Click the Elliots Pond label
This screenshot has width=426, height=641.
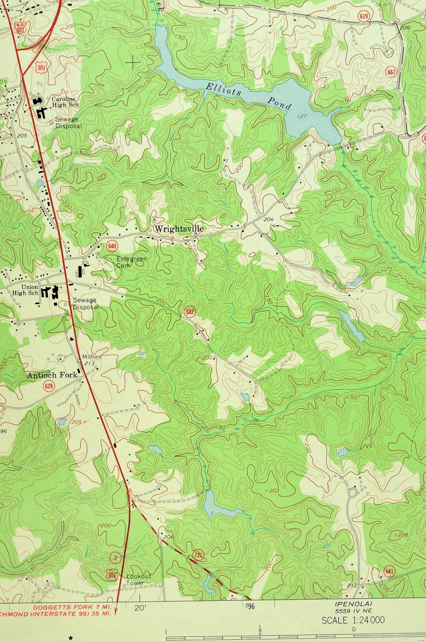(x=248, y=95)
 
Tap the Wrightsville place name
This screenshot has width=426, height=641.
(x=179, y=229)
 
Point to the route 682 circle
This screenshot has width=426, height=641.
(x=189, y=311)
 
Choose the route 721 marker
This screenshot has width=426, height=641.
(x=198, y=554)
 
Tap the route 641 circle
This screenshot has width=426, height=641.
(x=389, y=571)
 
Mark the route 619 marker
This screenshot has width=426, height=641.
(x=364, y=16)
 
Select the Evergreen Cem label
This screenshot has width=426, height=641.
(x=131, y=262)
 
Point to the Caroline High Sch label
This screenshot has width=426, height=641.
(x=65, y=102)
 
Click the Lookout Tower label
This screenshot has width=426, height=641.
(x=138, y=579)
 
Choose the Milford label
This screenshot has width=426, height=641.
(x=92, y=356)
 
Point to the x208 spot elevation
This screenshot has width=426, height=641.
(x=401, y=535)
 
